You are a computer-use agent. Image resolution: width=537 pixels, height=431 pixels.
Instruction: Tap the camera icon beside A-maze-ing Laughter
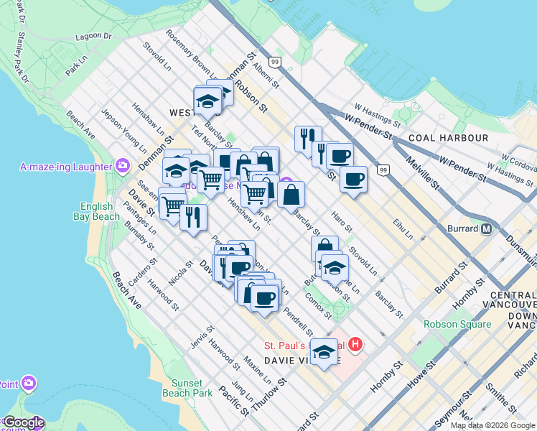pos(123,166)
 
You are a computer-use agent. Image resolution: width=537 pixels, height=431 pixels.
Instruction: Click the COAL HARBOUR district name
pos(448,137)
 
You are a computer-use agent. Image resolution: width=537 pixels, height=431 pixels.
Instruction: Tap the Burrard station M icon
pos(487,229)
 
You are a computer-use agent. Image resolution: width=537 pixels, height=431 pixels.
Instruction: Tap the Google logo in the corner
pos(23,422)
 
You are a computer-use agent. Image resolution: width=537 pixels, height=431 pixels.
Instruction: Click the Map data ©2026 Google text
pos(492,425)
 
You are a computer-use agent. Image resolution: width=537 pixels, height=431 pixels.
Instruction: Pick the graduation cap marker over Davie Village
pos(324,352)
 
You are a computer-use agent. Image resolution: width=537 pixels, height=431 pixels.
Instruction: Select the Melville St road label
pos(424,173)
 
